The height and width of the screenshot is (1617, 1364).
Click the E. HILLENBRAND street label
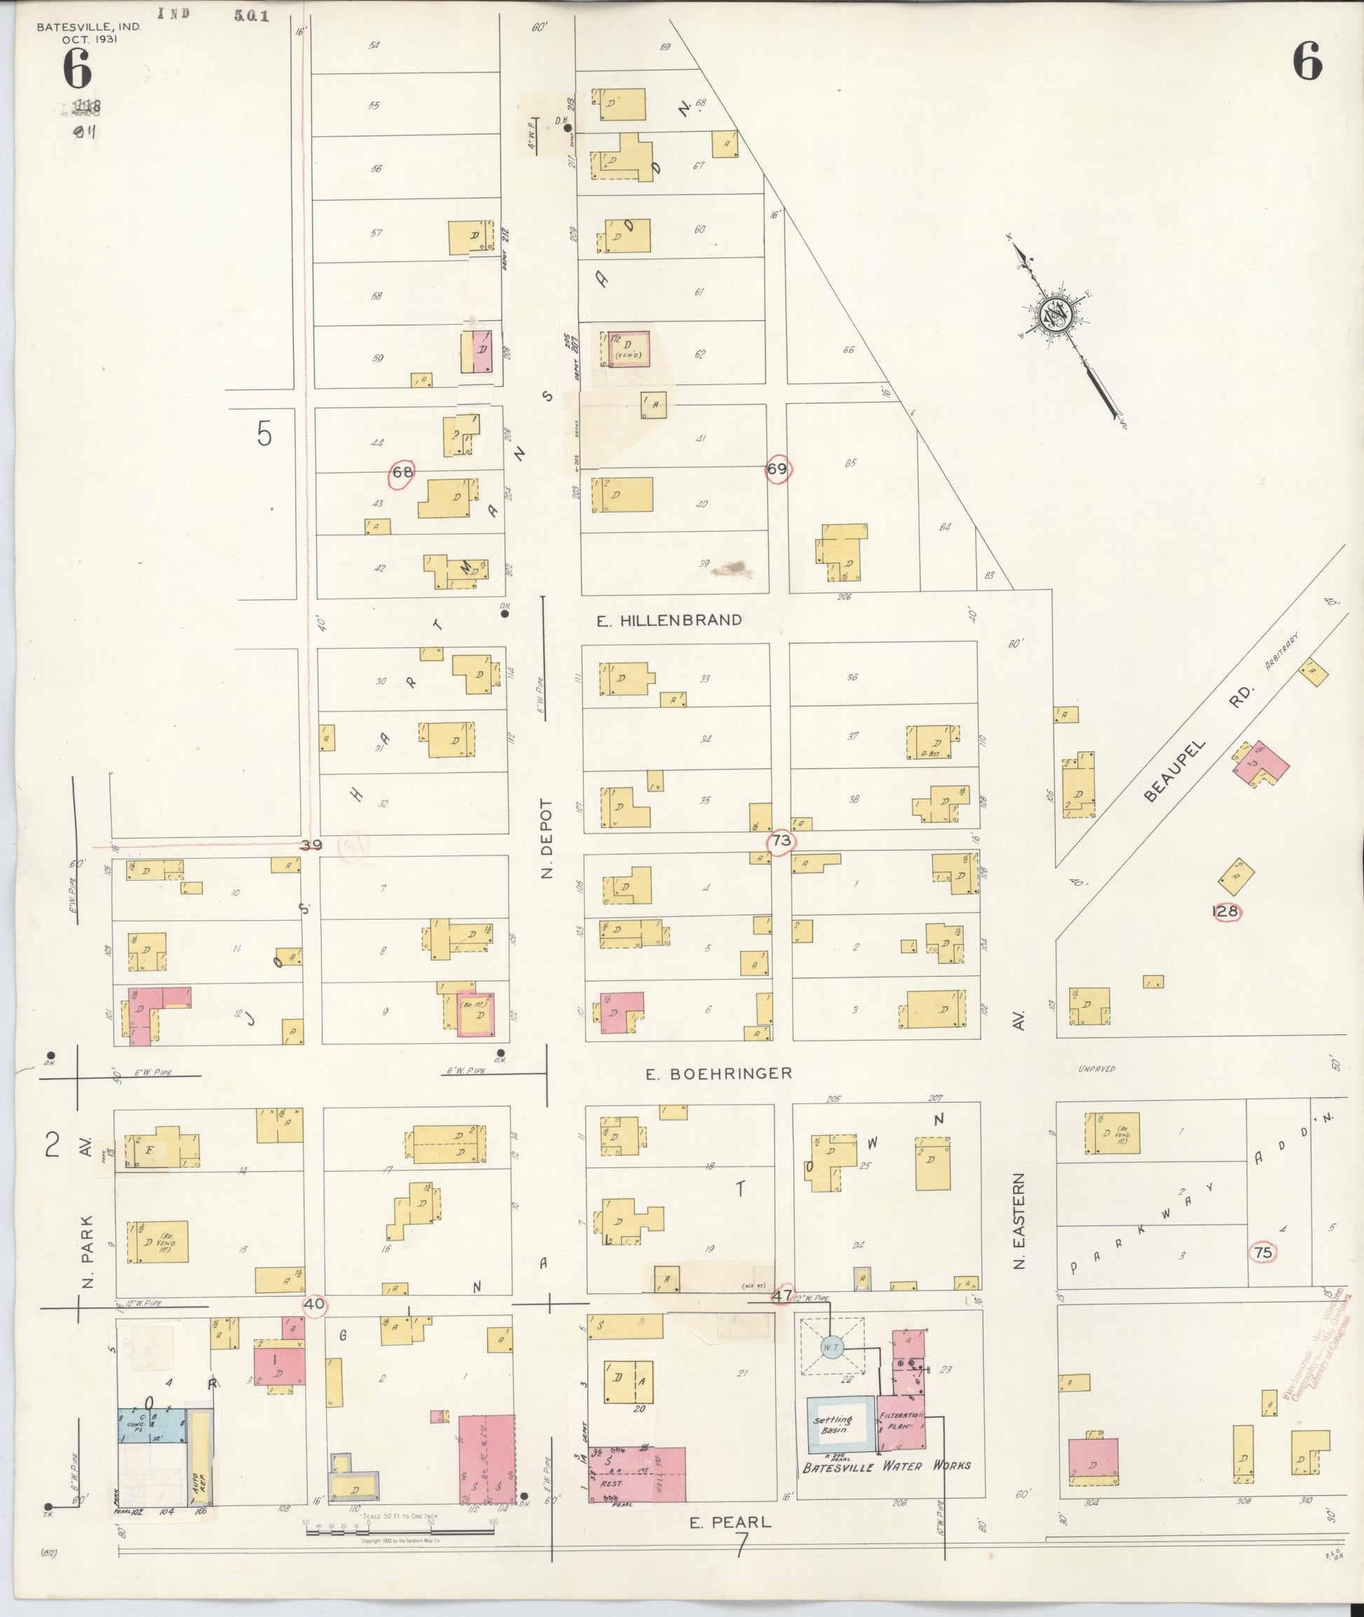pyautogui.click(x=669, y=620)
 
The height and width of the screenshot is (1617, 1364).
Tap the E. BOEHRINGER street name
pyautogui.click(x=719, y=1073)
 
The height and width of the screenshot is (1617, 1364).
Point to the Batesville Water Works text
pyautogui.click(x=885, y=1465)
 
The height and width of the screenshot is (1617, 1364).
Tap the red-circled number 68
pyautogui.click(x=403, y=472)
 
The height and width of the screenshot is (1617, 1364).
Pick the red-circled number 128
pyautogui.click(x=1226, y=911)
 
